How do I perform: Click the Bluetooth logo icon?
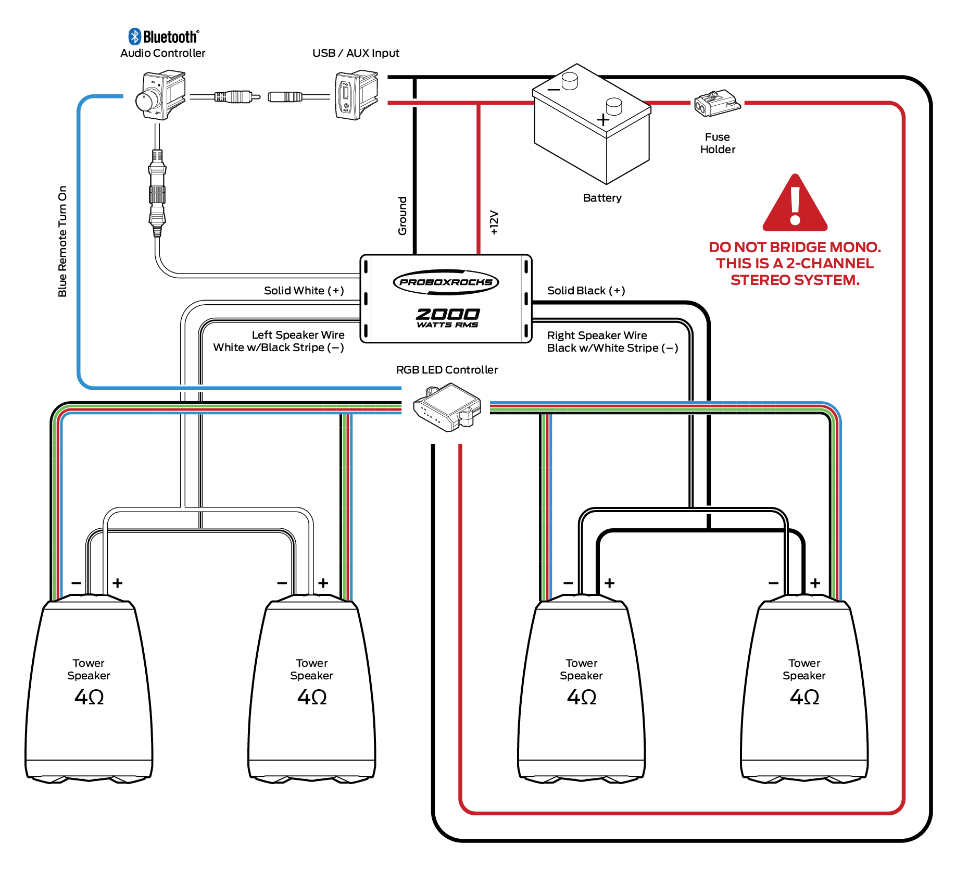coord(135,36)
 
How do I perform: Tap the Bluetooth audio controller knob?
coord(146,99)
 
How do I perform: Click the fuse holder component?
coord(716,103)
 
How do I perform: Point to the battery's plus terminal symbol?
coord(603,120)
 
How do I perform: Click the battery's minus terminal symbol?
coord(554,90)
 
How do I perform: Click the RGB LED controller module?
coord(447,407)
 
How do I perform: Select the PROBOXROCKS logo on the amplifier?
coord(446,282)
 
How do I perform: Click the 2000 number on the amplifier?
coord(447,314)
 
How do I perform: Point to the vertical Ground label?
coord(402,216)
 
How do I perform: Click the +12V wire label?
coord(494,222)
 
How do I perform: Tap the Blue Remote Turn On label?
coord(62,242)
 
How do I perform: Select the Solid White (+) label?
coord(304,291)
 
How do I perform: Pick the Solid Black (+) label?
coord(586,291)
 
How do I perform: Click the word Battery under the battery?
coord(602,198)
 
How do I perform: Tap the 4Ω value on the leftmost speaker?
coord(89,697)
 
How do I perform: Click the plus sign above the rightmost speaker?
coord(815,583)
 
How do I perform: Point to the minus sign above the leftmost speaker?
coord(76,583)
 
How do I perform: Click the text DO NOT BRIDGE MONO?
coord(795,247)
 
